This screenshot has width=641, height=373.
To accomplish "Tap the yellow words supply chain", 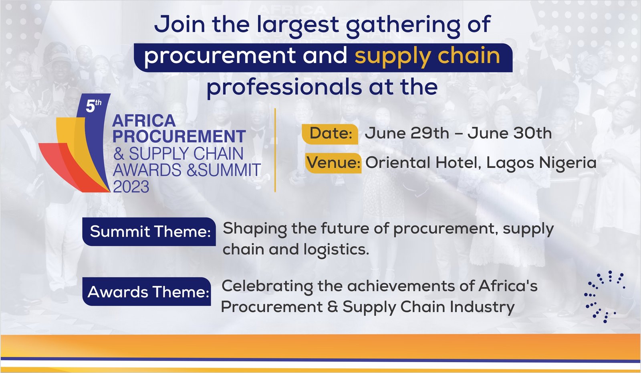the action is (427, 56).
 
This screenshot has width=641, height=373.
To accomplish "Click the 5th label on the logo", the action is (94, 106).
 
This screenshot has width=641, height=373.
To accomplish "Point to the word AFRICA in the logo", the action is (144, 120).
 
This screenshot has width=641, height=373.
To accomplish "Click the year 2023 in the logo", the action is (131, 187).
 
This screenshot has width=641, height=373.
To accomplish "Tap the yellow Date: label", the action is (330, 134).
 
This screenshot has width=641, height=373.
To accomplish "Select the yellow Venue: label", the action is (333, 163).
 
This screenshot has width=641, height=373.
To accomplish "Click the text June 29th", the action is (407, 133).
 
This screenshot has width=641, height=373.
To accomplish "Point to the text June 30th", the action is (510, 133).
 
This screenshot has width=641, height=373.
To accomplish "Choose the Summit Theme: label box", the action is (149, 231).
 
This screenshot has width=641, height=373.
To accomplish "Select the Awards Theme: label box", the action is (147, 292).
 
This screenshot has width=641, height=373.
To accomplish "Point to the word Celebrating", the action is (267, 286).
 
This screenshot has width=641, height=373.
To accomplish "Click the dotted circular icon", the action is (605, 297).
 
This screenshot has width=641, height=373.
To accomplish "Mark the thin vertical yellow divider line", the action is (275, 150).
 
